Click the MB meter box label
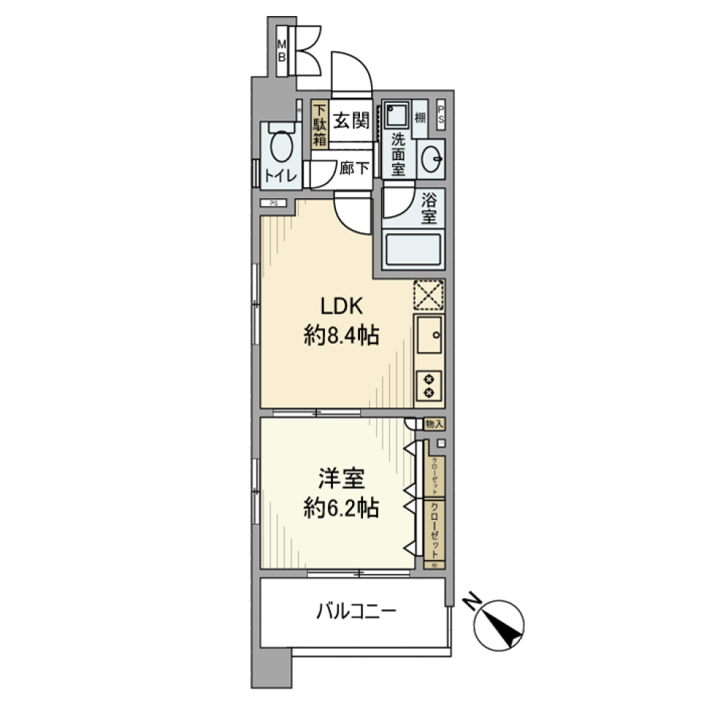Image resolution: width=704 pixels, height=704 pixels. point(281,51)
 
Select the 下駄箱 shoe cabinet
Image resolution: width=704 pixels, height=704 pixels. point(319,125)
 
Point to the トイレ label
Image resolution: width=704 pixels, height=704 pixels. point(280,177)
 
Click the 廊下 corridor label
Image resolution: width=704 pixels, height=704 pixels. point(355,169)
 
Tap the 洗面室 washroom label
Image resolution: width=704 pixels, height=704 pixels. point(397,154)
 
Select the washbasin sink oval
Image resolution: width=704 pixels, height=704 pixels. point(432,155)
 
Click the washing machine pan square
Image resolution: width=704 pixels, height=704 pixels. point(397,116)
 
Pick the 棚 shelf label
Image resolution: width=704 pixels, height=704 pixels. point(419,118)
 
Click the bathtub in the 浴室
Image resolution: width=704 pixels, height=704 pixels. point(414,249)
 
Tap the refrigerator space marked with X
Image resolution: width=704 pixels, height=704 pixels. point(430,296)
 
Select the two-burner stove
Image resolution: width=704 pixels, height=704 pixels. point(430,386)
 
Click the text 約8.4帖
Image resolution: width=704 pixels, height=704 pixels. point(341,337)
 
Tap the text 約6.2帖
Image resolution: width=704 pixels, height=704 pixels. point(341,508)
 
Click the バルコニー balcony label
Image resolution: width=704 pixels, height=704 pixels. point(357,611)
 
